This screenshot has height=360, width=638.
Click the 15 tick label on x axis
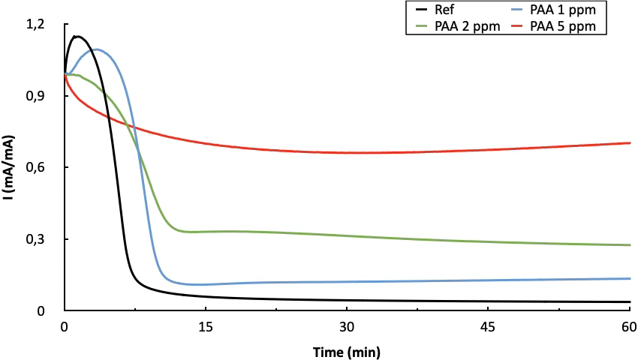click(x=206, y=327)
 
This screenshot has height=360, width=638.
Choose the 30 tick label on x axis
click(x=347, y=327)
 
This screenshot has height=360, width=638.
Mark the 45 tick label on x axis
click(x=488, y=327)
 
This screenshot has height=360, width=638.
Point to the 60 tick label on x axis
click(x=628, y=327)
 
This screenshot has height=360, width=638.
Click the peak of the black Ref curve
click(x=76, y=36)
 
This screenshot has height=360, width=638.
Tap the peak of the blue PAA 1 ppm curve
click(x=96, y=49)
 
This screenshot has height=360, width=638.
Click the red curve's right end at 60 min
click(x=629, y=142)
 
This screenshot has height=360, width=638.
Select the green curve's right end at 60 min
click(x=629, y=245)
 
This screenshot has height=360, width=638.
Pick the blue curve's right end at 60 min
click(x=629, y=278)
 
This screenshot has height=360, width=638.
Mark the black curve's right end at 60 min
click(x=629, y=301)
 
